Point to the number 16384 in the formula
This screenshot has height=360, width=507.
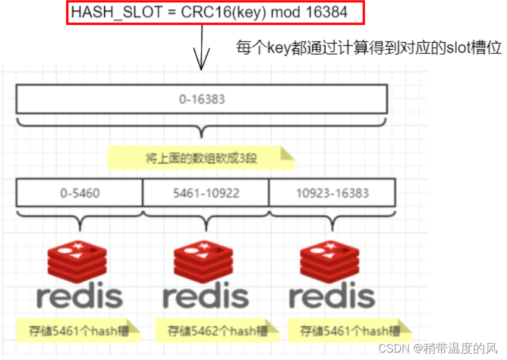pyautogui.click(x=331, y=12)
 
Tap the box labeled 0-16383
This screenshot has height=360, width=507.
pyautogui.click(x=202, y=99)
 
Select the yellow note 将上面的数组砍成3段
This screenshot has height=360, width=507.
pyautogui.click(x=200, y=158)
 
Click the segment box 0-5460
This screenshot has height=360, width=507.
pyautogui.click(x=79, y=193)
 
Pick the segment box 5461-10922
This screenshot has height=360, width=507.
pyautogui.click(x=206, y=193)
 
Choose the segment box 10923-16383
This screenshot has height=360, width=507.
pyautogui.click(x=332, y=193)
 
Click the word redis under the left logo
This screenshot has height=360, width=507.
pyautogui.click(x=79, y=297)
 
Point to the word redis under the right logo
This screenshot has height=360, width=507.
pyautogui.click(x=332, y=297)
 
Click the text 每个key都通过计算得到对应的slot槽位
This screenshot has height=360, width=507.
pyautogui.click(x=369, y=48)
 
